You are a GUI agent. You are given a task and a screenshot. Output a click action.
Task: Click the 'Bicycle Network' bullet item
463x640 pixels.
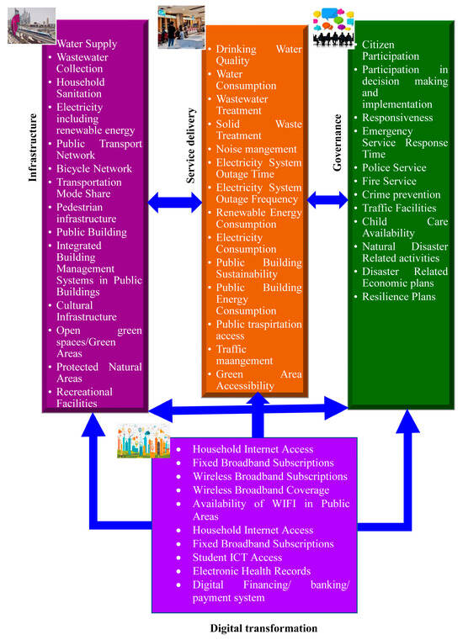93,168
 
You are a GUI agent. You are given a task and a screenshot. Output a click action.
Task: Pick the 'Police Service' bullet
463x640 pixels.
394,167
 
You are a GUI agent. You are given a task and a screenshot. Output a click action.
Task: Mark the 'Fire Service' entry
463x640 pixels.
389,181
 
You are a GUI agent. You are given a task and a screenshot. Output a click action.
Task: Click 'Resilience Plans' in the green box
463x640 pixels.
399,297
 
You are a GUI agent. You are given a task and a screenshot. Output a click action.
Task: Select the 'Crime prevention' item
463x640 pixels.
401,194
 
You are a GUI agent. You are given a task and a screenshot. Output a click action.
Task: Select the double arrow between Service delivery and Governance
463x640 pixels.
327,200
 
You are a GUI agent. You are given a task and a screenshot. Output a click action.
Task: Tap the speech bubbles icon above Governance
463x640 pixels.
333,27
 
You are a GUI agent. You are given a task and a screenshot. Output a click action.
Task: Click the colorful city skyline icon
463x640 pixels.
142,440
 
